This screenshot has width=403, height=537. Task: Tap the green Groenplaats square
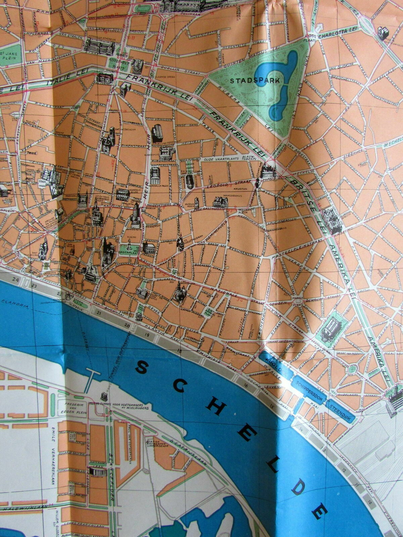[127, 249]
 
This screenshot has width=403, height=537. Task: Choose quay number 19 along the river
[147, 335]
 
